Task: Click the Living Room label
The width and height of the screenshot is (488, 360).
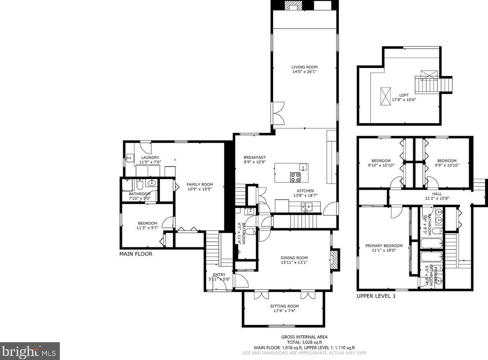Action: coord(305,67)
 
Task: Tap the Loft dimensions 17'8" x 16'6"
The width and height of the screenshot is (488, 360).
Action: coord(404,100)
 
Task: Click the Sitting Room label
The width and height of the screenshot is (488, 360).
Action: coord(284,306)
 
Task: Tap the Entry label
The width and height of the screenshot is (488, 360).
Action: coord(219,275)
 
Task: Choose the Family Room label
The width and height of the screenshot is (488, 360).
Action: coord(199,185)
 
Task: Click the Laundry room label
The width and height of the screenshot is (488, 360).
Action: coord(150,157)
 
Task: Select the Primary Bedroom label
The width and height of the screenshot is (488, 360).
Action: coord(384,246)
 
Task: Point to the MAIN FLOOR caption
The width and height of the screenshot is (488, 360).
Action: coord(136,254)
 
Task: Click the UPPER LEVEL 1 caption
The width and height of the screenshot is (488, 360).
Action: coord(376,296)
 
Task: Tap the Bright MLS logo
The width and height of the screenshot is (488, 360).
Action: coord(29,351)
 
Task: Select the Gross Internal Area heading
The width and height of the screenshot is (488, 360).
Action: coord(304,337)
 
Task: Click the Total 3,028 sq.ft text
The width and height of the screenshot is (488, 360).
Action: coord(304,342)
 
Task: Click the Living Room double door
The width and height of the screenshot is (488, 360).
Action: coord(278,113)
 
